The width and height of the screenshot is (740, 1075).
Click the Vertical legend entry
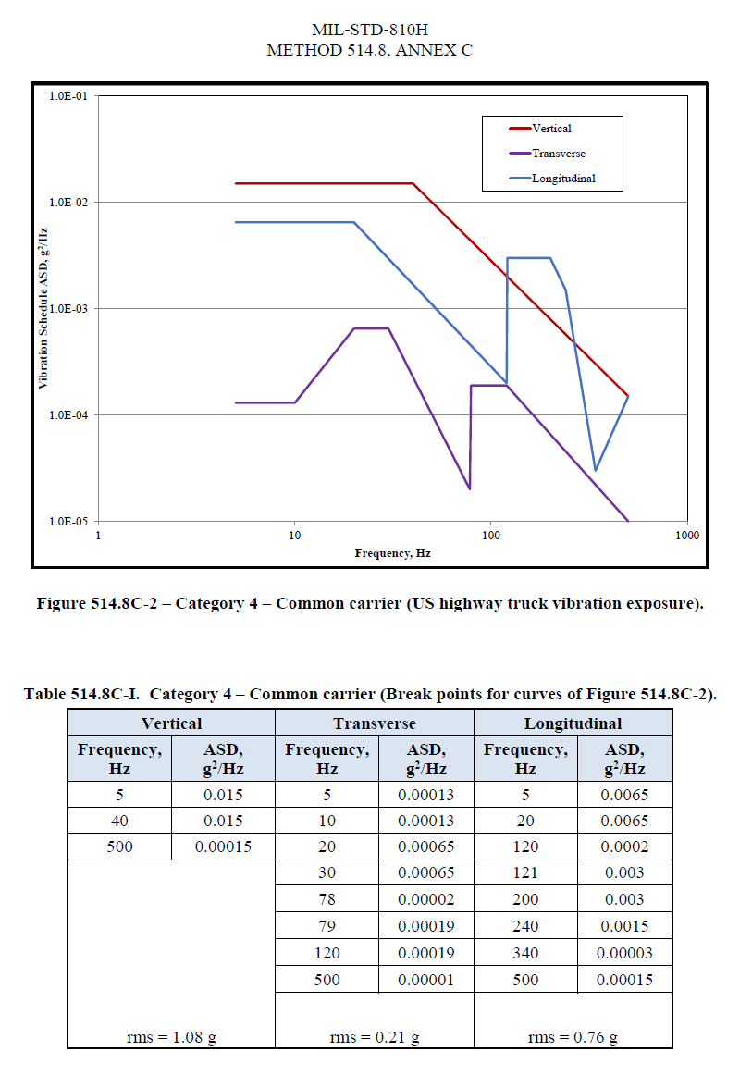(x=551, y=129)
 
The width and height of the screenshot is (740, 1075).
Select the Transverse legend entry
(x=558, y=154)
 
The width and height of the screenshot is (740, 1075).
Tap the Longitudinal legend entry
(x=562, y=179)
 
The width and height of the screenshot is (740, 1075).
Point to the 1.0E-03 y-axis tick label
(x=65, y=308)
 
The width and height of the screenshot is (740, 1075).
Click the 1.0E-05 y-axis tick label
(x=65, y=521)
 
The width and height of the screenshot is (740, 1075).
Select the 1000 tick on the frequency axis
(x=685, y=536)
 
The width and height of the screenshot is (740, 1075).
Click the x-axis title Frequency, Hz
(x=392, y=553)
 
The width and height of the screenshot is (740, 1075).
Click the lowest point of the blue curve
(x=595, y=470)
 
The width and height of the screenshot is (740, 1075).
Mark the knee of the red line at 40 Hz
(x=413, y=183)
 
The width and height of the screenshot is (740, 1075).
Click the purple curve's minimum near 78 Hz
(x=469, y=488)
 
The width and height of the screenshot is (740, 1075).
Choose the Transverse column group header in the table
(x=375, y=723)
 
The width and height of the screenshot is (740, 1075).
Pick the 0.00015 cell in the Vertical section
(x=223, y=846)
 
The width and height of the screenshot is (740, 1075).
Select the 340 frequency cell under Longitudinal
(x=524, y=953)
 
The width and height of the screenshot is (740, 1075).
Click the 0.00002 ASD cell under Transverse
(x=425, y=900)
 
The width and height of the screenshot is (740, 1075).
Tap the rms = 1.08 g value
(x=171, y=1037)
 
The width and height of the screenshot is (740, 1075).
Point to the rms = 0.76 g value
(x=573, y=1037)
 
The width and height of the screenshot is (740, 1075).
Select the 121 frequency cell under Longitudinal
(x=524, y=873)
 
